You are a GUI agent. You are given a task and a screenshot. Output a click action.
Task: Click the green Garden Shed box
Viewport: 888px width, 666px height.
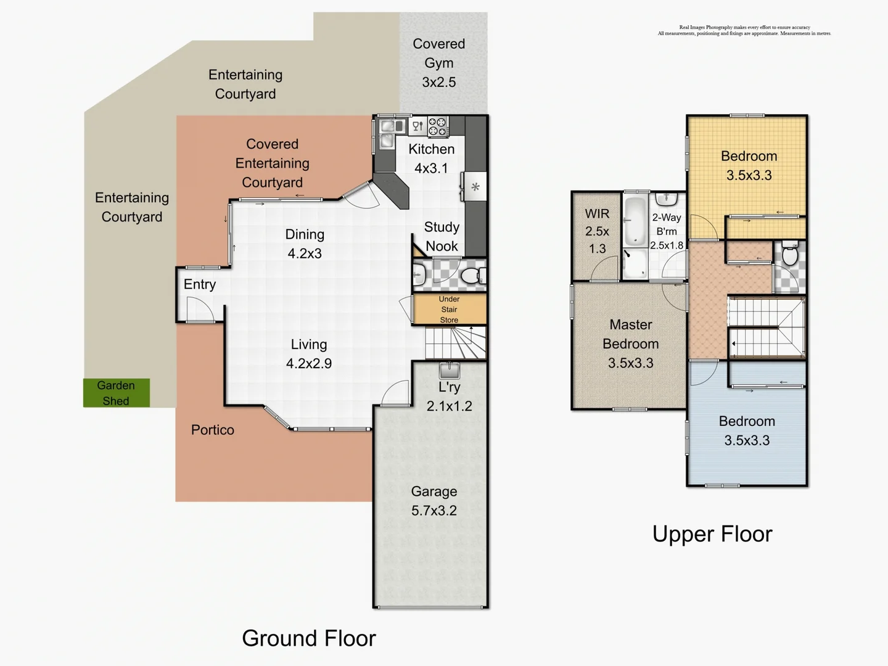click(x=117, y=393)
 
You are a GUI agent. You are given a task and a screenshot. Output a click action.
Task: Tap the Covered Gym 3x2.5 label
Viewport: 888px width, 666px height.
click(x=438, y=63)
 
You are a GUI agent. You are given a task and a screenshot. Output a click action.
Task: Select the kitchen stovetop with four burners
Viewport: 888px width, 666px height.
click(x=438, y=126)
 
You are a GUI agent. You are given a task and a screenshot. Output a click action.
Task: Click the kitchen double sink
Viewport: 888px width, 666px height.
click(x=388, y=133)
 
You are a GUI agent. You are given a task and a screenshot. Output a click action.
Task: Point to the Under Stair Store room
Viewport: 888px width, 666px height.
click(x=449, y=310)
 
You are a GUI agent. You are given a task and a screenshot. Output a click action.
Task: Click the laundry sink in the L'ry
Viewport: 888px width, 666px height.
click(x=449, y=371)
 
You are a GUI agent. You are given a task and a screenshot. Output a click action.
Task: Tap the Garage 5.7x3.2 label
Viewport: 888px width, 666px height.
click(x=434, y=501)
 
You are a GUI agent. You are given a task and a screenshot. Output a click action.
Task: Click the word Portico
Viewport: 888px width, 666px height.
click(x=212, y=430)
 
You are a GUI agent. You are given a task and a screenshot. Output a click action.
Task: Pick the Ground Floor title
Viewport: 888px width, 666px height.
click(x=308, y=638)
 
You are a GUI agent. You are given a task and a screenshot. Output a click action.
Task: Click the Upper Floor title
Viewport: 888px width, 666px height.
click(x=712, y=534)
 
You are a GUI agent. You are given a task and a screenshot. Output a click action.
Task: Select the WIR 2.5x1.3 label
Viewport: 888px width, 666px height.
click(x=597, y=231)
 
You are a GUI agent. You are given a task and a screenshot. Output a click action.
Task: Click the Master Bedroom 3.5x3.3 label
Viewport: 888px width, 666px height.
click(x=630, y=343)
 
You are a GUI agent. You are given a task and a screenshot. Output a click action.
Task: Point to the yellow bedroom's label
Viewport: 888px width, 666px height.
click(x=749, y=165)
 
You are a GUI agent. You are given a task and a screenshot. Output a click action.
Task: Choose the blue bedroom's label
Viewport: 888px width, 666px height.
click(x=747, y=430)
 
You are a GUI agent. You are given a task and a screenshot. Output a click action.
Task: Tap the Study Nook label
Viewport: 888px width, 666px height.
click(x=442, y=236)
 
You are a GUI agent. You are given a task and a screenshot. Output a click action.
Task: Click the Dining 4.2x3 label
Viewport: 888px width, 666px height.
click(x=305, y=244)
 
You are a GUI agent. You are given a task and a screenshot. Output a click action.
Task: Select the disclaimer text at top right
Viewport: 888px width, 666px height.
click(x=744, y=30)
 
